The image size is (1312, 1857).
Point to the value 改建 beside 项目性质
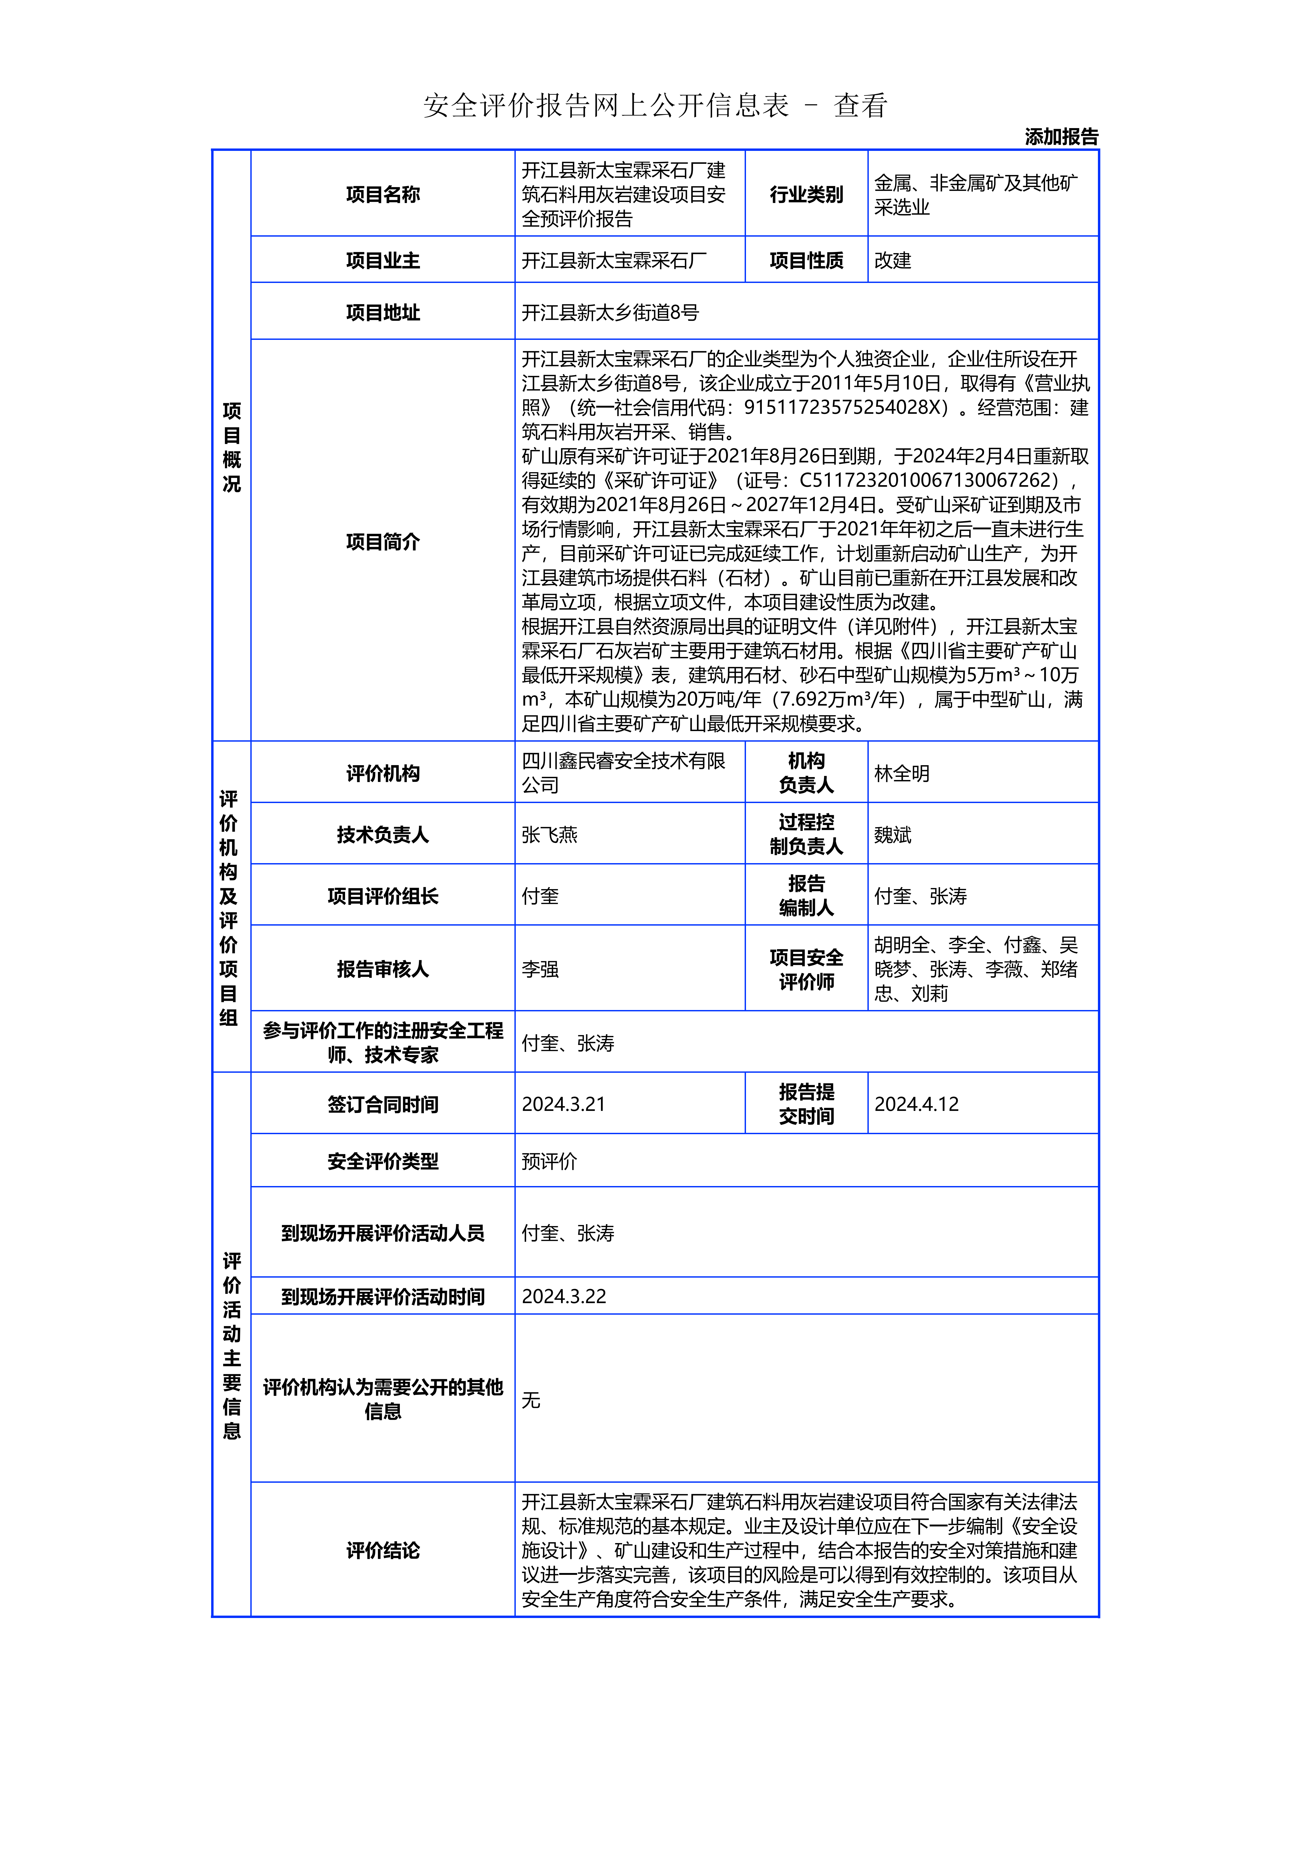(893, 260)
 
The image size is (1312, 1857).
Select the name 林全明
(901, 773)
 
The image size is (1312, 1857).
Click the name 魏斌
(893, 835)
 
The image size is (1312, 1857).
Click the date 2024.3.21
(563, 1104)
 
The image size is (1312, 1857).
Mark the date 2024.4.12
(916, 1104)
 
